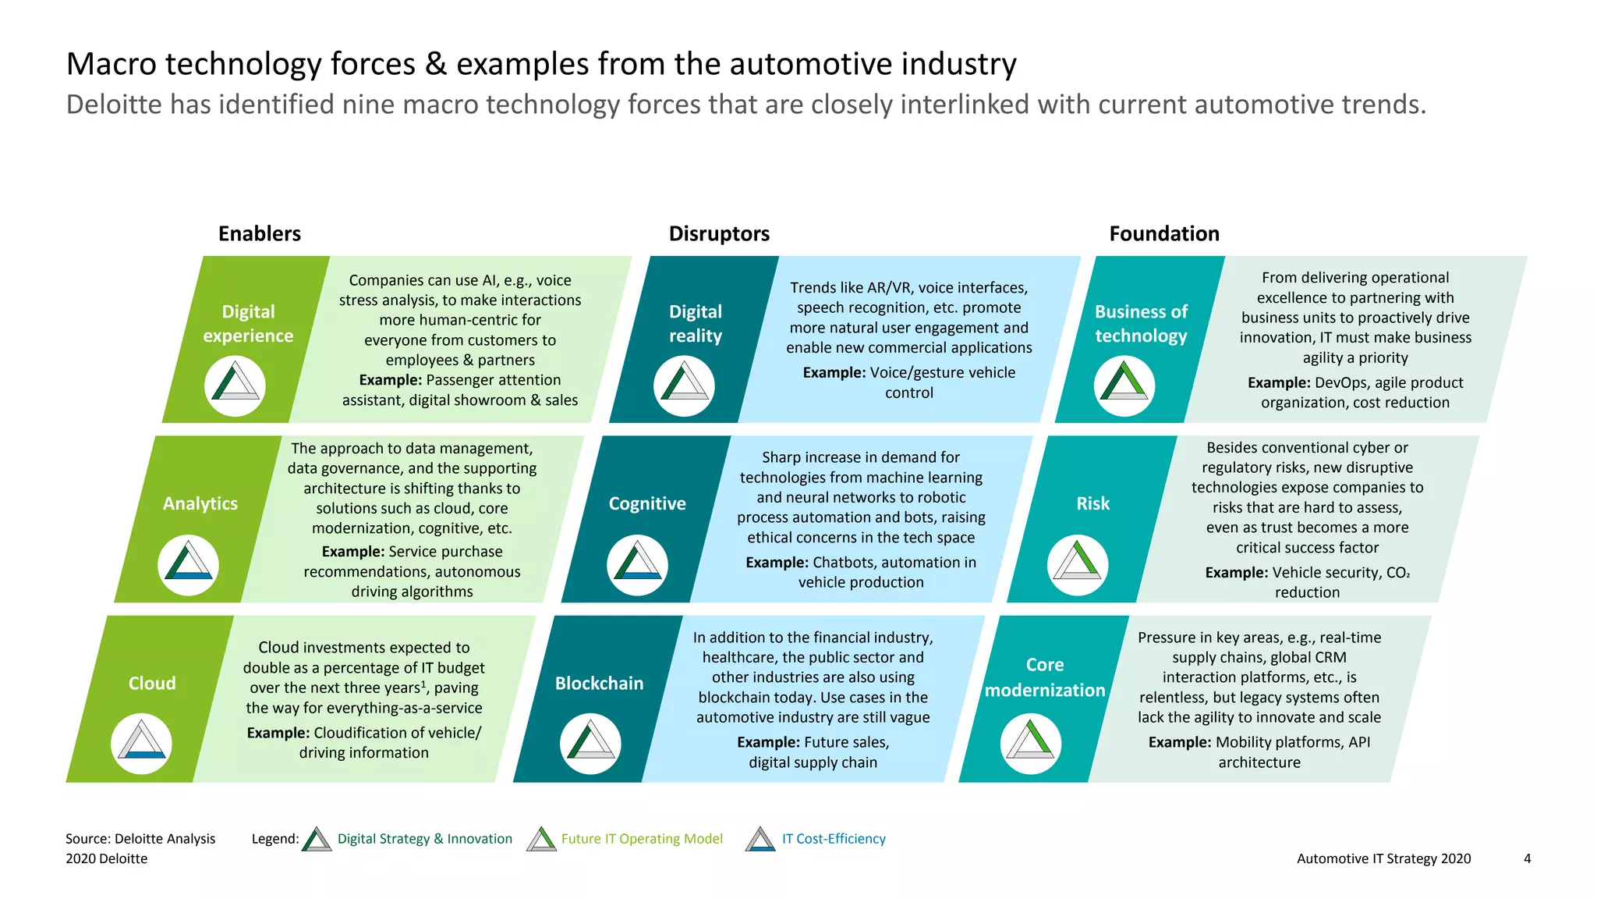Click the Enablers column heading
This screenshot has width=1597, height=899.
259,233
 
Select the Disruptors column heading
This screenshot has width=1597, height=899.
719,233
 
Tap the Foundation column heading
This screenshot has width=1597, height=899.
1163,233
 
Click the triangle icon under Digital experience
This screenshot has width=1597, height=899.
235,386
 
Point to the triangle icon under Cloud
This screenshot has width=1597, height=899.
141,743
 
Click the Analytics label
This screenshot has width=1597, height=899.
200,503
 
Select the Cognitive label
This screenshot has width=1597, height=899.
647,503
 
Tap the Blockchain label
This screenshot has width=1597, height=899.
599,683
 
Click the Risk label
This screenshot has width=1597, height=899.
1092,503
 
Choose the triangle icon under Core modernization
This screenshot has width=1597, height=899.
1030,743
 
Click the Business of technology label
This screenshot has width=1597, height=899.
1141,323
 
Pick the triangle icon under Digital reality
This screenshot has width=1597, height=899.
684,386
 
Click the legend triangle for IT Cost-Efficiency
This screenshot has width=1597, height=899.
760,840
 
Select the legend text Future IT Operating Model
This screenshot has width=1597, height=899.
642,839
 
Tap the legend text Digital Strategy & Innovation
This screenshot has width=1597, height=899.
425,839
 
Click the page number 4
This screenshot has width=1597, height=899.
1527,858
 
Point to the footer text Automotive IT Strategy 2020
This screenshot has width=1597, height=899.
1383,858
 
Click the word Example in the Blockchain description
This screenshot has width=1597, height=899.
768,742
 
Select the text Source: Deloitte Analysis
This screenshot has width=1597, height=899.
140,839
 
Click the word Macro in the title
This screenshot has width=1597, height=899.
111,64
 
